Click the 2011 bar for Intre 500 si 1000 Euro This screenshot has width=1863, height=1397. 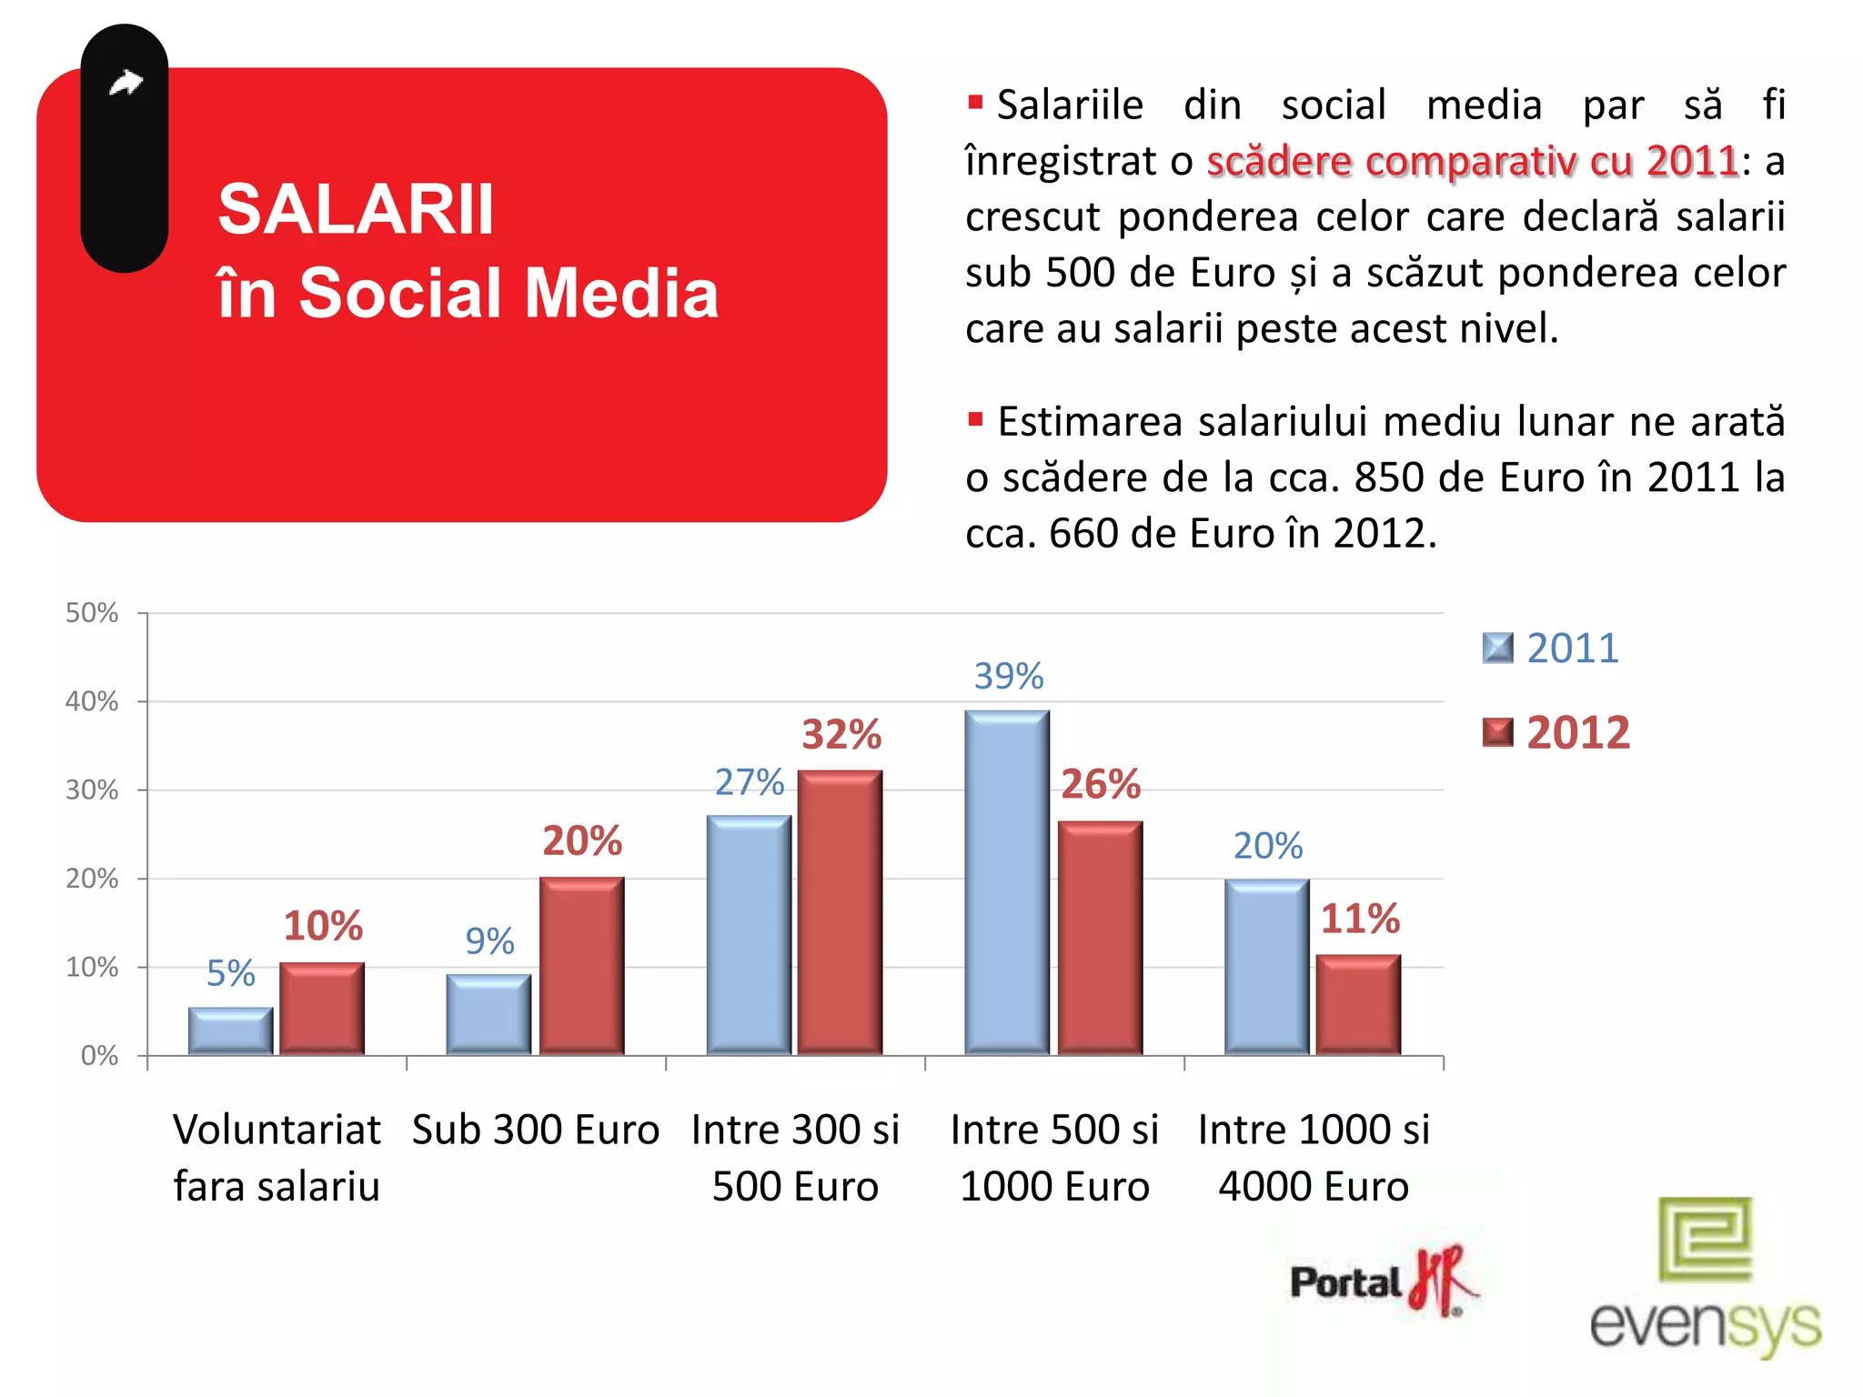coord(1007,882)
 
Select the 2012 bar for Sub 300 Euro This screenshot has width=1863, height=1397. coord(581,966)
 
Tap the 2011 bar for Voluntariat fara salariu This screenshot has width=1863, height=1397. coord(230,1031)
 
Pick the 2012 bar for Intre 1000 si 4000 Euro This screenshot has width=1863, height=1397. coord(1358,1005)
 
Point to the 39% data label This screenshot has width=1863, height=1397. coord(1008,676)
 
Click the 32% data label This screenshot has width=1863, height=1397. coord(841,734)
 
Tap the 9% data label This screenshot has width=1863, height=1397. coord(489,940)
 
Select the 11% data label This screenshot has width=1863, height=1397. coord(1360,919)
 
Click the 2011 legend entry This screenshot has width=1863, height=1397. coord(1552,648)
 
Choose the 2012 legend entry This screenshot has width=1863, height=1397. coord(1556,732)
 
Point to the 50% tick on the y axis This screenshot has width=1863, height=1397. coord(92,613)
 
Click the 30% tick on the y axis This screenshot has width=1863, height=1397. coord(92,789)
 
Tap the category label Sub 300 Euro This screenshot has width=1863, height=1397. coord(535,1130)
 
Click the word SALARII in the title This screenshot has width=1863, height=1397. coord(356,209)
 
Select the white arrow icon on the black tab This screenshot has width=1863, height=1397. coord(126,83)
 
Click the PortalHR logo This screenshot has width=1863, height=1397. coord(1383,1281)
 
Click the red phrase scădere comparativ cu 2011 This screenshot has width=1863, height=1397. coord(1473,161)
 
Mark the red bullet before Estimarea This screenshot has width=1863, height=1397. coord(975,419)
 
